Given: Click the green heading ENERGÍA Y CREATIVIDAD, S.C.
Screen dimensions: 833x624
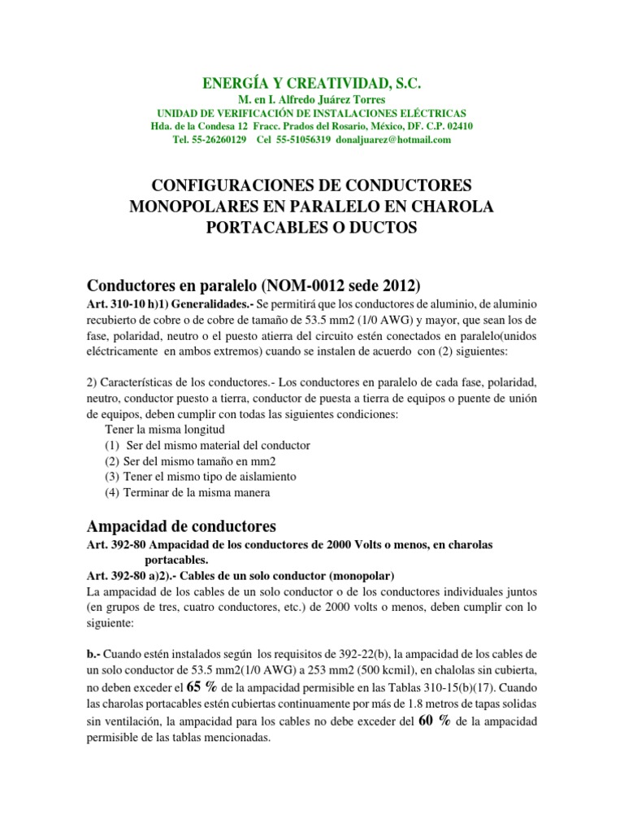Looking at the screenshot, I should [313, 84].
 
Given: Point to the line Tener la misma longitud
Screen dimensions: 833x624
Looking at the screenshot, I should [166, 429].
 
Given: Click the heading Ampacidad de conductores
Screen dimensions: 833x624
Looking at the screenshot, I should [182, 525].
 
